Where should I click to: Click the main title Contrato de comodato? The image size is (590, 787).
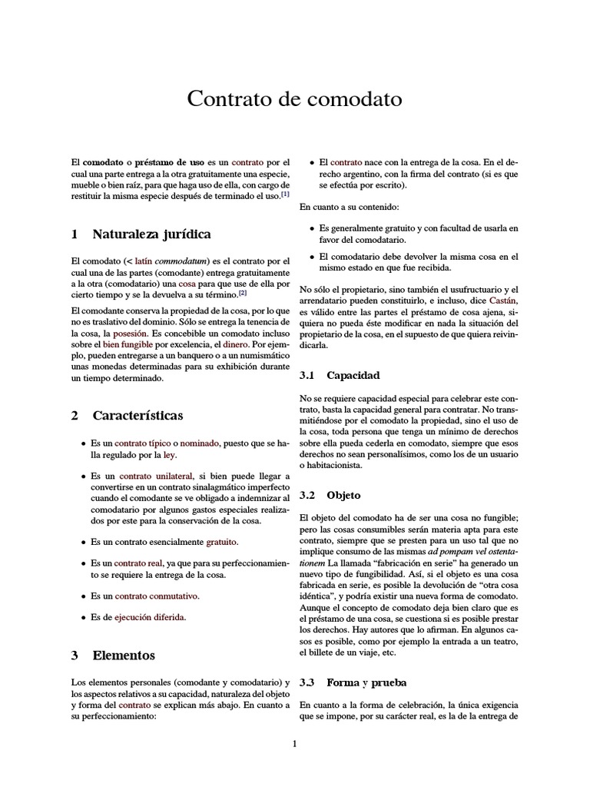click(x=294, y=100)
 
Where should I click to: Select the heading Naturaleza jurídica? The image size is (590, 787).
click(x=151, y=234)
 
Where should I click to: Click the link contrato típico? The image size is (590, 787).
click(x=142, y=443)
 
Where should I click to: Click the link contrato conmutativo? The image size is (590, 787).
click(x=157, y=596)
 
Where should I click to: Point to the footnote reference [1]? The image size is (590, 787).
click(x=285, y=194)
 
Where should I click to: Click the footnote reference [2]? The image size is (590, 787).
click(x=243, y=293)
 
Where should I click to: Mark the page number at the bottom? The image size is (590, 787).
click(x=294, y=743)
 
